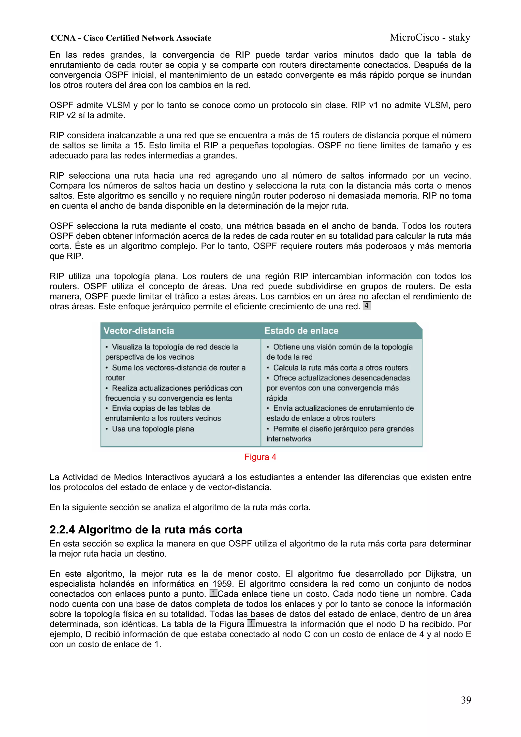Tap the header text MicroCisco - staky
click(430, 38)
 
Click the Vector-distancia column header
click(139, 331)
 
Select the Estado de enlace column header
click(301, 331)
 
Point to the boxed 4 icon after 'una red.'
click(367, 305)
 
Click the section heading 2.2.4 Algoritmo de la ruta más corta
click(146, 529)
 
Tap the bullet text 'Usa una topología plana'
click(153, 429)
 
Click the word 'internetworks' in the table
click(288, 439)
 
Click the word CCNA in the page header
click(63, 38)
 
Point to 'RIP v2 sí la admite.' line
click(87, 115)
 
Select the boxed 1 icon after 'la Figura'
click(251, 623)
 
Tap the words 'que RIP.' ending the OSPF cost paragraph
click(66, 256)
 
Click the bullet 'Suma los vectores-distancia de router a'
click(179, 368)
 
